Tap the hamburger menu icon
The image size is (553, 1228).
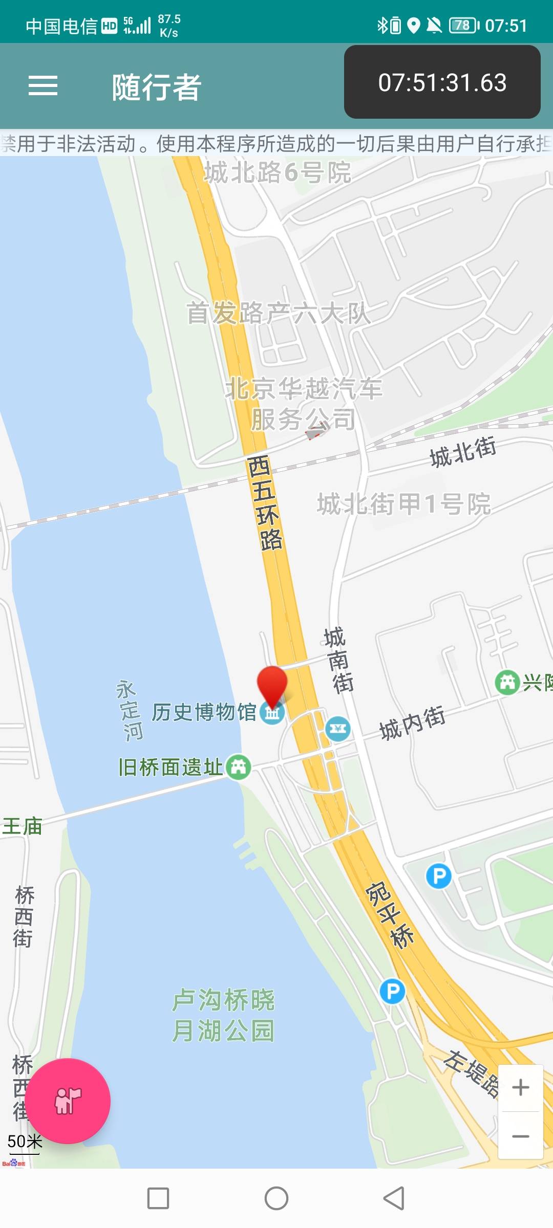point(43,85)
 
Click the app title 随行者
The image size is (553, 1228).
point(157,87)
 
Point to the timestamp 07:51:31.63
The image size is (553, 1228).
point(442,82)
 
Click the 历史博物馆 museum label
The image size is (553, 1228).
point(204,712)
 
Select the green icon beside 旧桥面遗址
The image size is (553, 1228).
point(239,767)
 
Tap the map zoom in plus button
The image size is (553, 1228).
point(521,1087)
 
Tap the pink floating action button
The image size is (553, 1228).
point(68,1101)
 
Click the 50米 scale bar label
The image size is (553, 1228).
point(24,1142)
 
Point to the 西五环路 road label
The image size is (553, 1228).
point(264,502)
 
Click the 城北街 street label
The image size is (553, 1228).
point(462,452)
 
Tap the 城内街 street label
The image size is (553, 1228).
point(412,722)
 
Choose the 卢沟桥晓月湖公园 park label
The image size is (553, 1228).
point(223,1015)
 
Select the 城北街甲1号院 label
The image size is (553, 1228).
point(403,504)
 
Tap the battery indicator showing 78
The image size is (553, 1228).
point(463,25)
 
